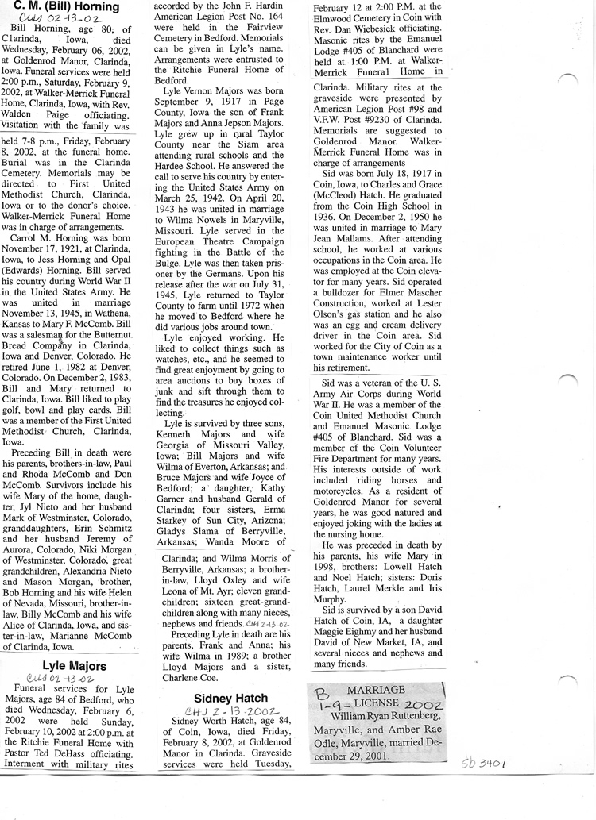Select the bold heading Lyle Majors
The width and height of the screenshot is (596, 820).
click(x=70, y=665)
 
